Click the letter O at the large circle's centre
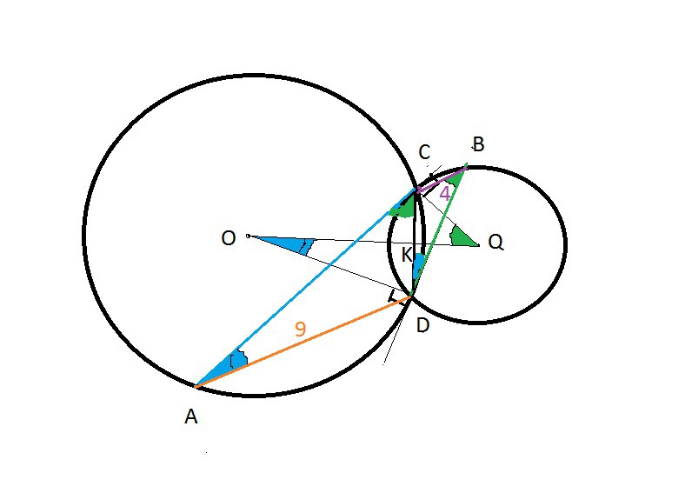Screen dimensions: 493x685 point(229,238)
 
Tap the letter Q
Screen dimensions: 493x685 point(495,243)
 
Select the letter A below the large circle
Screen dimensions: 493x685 point(191,417)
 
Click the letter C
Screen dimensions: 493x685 point(424,153)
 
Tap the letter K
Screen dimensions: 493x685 point(406,256)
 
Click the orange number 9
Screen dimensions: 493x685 point(300,330)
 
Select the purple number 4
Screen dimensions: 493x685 point(444,193)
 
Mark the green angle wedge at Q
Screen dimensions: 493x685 point(463,237)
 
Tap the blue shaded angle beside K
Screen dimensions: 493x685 point(418,266)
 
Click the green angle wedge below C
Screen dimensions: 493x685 point(403,206)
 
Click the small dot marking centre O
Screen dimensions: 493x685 point(248,236)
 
